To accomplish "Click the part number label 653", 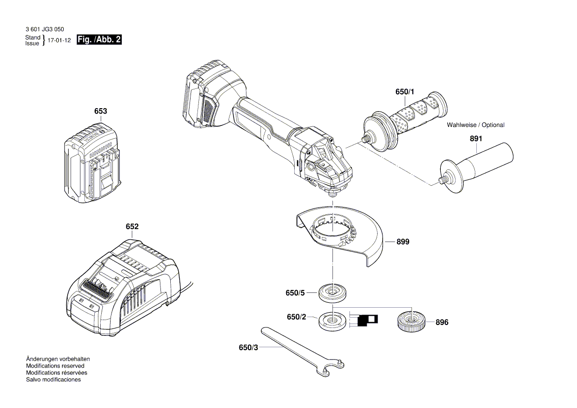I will pos(100,112).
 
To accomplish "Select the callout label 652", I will pos(132,227).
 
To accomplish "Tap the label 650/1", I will pos(405,92).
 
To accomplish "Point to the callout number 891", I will pos(475,139).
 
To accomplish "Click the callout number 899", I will pos(403,242).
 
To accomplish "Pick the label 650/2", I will pos(297,317).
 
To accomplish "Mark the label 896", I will pos(442,322).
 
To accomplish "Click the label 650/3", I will pos(248,348).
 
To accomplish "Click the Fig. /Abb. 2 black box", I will pos(99,40).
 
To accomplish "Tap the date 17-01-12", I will pos(60,41).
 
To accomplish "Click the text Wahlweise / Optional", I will pos(475,125).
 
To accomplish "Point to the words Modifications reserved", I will pos(55,366).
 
